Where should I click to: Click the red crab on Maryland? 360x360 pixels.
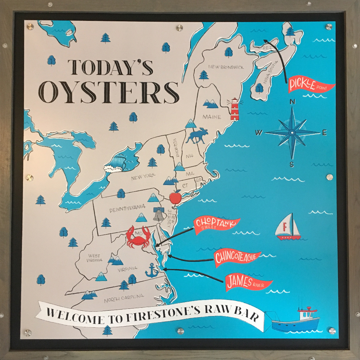pos(138,237)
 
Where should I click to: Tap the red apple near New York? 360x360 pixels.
pos(175,197)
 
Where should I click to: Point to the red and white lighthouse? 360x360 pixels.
pos(235,108)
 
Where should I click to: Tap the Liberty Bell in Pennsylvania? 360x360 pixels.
pos(158,214)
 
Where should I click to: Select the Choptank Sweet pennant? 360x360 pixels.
pos(215,225)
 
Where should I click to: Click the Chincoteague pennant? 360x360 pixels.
pos(236,258)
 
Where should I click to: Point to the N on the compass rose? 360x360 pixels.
pos(292,102)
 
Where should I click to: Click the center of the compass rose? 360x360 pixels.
pos(292,133)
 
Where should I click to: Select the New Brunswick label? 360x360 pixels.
pos(226,67)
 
